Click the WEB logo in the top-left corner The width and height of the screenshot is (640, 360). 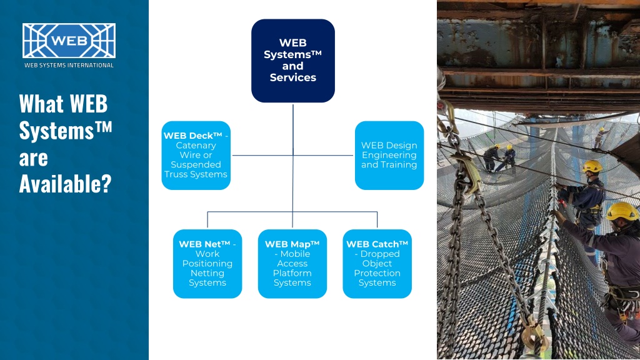(69, 41)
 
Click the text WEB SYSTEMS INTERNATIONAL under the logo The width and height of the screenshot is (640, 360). (69, 65)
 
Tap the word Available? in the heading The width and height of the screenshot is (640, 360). (65, 184)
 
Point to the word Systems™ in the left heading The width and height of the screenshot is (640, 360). (65, 131)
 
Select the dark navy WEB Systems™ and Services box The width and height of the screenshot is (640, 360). (293, 61)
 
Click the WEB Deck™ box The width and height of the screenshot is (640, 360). (196, 155)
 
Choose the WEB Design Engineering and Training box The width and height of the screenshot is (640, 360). (389, 155)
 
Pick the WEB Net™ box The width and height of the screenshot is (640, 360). (207, 264)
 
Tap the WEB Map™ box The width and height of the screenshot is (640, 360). (292, 264)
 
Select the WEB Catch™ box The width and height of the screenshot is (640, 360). (377, 264)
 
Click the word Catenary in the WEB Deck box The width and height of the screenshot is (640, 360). (196, 146)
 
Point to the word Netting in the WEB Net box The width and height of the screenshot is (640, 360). (207, 273)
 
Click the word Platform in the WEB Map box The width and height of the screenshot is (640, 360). (292, 273)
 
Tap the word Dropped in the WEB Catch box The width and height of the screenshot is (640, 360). (380, 254)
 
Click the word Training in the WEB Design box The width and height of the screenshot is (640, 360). (398, 165)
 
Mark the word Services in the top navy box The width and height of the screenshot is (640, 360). (293, 77)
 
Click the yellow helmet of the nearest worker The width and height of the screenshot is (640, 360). (622, 211)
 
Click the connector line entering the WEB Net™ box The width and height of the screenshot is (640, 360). (207, 220)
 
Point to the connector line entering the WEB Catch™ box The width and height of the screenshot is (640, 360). (377, 220)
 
